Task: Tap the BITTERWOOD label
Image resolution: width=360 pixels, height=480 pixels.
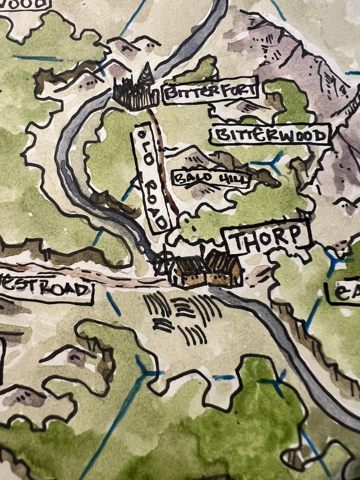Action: click(x=270, y=135)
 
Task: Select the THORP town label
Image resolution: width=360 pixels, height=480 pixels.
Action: click(x=266, y=239)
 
